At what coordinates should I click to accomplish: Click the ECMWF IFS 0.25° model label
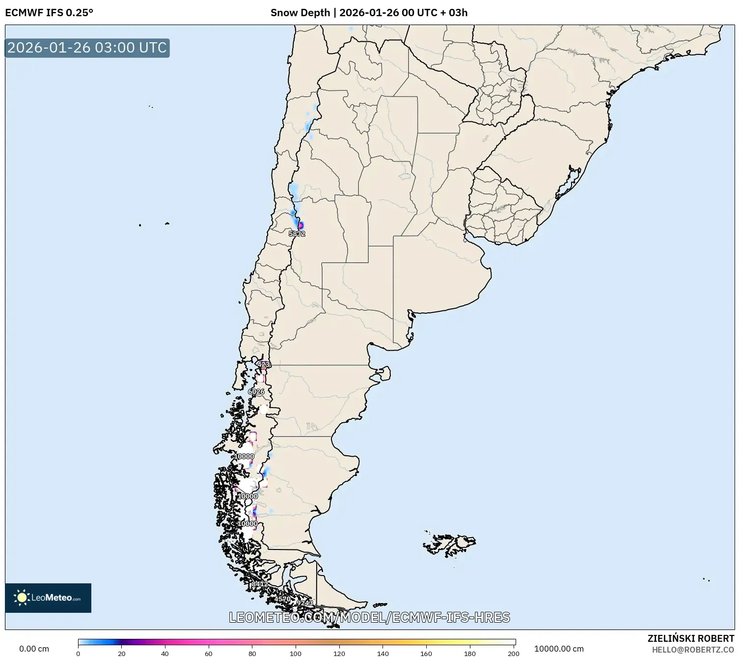click(49, 13)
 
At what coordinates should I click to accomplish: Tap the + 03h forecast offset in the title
click(454, 13)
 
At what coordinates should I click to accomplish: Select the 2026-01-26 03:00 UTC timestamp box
click(87, 48)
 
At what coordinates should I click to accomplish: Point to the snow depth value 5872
click(297, 234)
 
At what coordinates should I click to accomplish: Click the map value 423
click(264, 364)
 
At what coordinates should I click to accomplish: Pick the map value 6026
click(256, 391)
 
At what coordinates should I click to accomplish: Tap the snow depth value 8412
click(260, 584)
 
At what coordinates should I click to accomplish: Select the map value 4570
click(282, 599)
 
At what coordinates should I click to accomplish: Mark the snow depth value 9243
click(305, 602)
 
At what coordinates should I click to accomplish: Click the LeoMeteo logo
click(48, 598)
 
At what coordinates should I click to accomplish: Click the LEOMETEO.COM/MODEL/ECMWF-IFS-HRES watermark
click(369, 617)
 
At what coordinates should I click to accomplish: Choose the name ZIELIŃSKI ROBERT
click(690, 639)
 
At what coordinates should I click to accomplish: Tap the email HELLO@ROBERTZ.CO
click(693, 650)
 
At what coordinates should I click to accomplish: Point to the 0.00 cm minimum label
click(34, 649)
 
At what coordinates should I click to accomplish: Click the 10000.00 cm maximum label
click(559, 649)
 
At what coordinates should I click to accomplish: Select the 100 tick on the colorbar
click(296, 654)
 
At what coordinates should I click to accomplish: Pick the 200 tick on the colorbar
click(514, 654)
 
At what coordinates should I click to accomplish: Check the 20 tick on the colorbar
click(122, 654)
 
